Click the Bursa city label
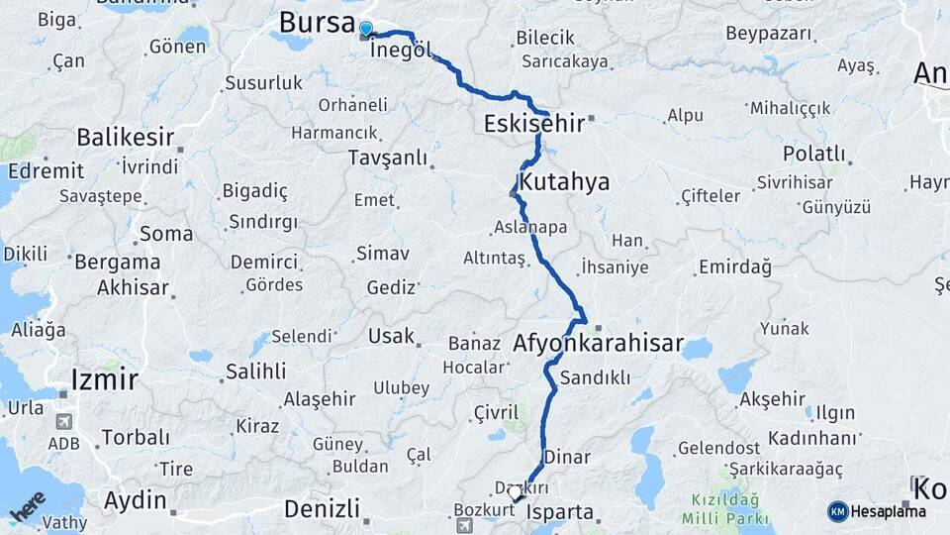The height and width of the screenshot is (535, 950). click(317, 22)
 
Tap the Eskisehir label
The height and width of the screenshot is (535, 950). click(534, 124)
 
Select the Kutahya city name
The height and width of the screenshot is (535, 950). click(564, 182)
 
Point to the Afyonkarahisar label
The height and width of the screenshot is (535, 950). click(599, 345)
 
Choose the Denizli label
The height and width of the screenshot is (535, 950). click(322, 509)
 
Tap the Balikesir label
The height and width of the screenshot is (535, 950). click(126, 137)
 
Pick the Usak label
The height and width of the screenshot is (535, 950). click(391, 336)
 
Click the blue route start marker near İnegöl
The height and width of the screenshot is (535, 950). click(366, 30)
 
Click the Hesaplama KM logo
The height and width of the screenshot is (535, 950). click(838, 511)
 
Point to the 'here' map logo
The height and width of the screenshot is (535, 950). click(29, 508)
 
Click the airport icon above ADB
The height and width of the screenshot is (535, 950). click(63, 421)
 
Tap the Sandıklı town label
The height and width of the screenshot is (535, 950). click(595, 377)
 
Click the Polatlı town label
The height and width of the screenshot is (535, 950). click(813, 154)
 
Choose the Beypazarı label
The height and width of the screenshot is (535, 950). click(769, 34)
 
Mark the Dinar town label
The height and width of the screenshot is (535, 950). click(567, 458)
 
